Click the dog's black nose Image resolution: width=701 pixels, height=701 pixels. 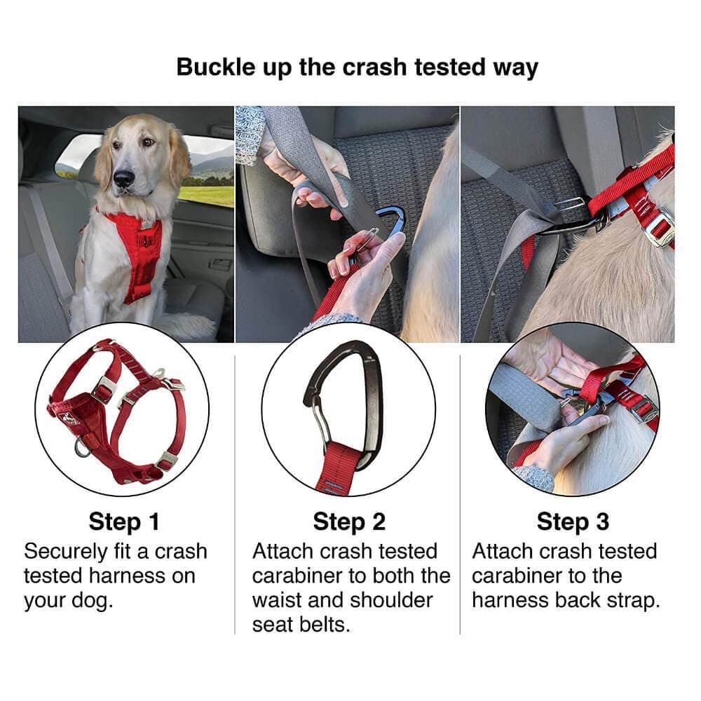(124, 178)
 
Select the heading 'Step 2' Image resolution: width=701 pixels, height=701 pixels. (349, 522)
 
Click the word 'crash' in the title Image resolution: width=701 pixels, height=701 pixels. (374, 67)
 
